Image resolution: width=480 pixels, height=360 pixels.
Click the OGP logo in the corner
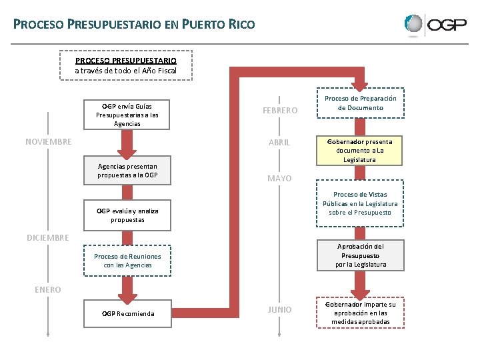point(434,25)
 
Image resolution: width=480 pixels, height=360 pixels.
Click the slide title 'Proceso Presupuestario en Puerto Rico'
point(134,25)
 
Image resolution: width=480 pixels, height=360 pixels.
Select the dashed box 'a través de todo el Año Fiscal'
point(126,65)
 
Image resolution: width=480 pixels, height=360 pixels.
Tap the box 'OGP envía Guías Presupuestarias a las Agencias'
point(127,115)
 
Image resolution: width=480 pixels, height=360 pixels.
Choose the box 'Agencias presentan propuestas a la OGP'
point(127,171)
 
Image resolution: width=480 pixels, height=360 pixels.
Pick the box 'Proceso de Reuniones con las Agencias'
point(127,261)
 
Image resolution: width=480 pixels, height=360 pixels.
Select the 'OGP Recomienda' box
point(128,313)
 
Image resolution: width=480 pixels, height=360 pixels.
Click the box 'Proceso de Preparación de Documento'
point(360,103)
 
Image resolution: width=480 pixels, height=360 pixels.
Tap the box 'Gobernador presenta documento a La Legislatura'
point(360,151)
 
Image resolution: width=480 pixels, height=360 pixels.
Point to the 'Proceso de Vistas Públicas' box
point(360,203)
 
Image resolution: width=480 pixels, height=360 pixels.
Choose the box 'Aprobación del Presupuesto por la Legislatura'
point(361,255)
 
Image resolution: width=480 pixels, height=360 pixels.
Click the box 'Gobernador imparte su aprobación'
point(360,313)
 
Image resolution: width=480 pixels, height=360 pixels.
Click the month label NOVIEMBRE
point(49,141)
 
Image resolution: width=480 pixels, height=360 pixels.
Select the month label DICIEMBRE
point(47,237)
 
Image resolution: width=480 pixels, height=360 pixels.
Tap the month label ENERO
point(47,289)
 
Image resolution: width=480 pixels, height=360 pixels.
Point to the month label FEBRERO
point(280,111)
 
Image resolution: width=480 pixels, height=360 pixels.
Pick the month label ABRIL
point(279,143)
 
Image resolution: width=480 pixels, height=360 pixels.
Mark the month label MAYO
point(279,179)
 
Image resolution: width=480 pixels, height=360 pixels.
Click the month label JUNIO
point(279,309)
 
